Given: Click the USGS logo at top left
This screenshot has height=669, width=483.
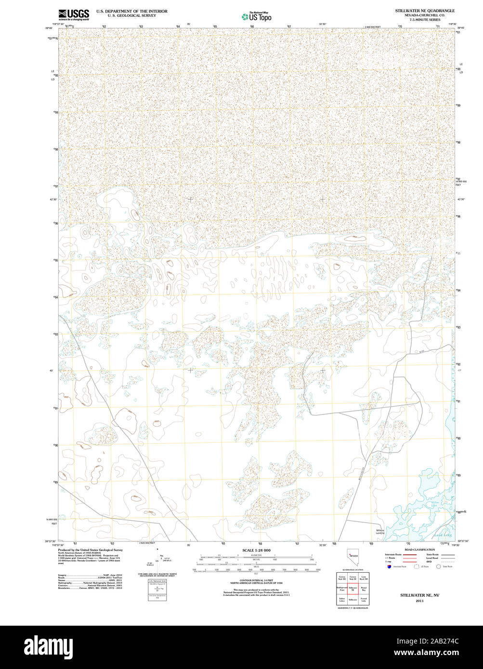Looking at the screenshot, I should (x=73, y=14).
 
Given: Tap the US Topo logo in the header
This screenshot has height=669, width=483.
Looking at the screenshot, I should (x=257, y=16).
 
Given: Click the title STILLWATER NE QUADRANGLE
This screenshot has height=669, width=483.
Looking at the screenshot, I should (x=425, y=10).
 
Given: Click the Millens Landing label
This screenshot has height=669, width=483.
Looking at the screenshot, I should (x=380, y=532).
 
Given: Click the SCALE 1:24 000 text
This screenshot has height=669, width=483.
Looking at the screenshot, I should (x=256, y=550).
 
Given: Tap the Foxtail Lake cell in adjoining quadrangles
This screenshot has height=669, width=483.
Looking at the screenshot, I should (x=364, y=600).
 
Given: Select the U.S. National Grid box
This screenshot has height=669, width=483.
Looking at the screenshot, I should (x=157, y=590).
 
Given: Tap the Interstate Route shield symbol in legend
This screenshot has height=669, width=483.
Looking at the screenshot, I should (x=388, y=567).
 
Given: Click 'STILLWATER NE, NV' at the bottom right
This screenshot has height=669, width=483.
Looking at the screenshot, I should (x=419, y=595).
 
